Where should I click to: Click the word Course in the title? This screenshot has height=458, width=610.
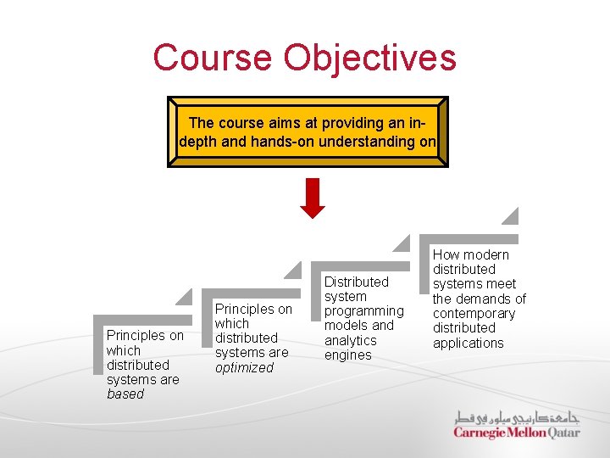pos(213,59)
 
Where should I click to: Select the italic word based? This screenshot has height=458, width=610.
pos(125,394)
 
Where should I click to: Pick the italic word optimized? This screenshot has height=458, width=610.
pos(244,368)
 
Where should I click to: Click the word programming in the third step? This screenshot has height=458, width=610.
pos(364,311)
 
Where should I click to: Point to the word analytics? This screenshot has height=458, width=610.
pos(350,340)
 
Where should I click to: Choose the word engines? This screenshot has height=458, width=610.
pos(347,355)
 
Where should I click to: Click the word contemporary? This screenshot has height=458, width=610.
pos(474,313)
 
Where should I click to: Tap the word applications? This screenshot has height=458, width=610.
pos(469,343)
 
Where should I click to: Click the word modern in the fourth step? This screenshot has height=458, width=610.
pos(486,254)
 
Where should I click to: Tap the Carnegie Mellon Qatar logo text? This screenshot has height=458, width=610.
pos(517,433)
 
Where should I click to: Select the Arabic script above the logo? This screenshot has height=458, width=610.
pos(517,417)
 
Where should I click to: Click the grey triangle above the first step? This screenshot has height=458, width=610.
pos(184,297)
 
